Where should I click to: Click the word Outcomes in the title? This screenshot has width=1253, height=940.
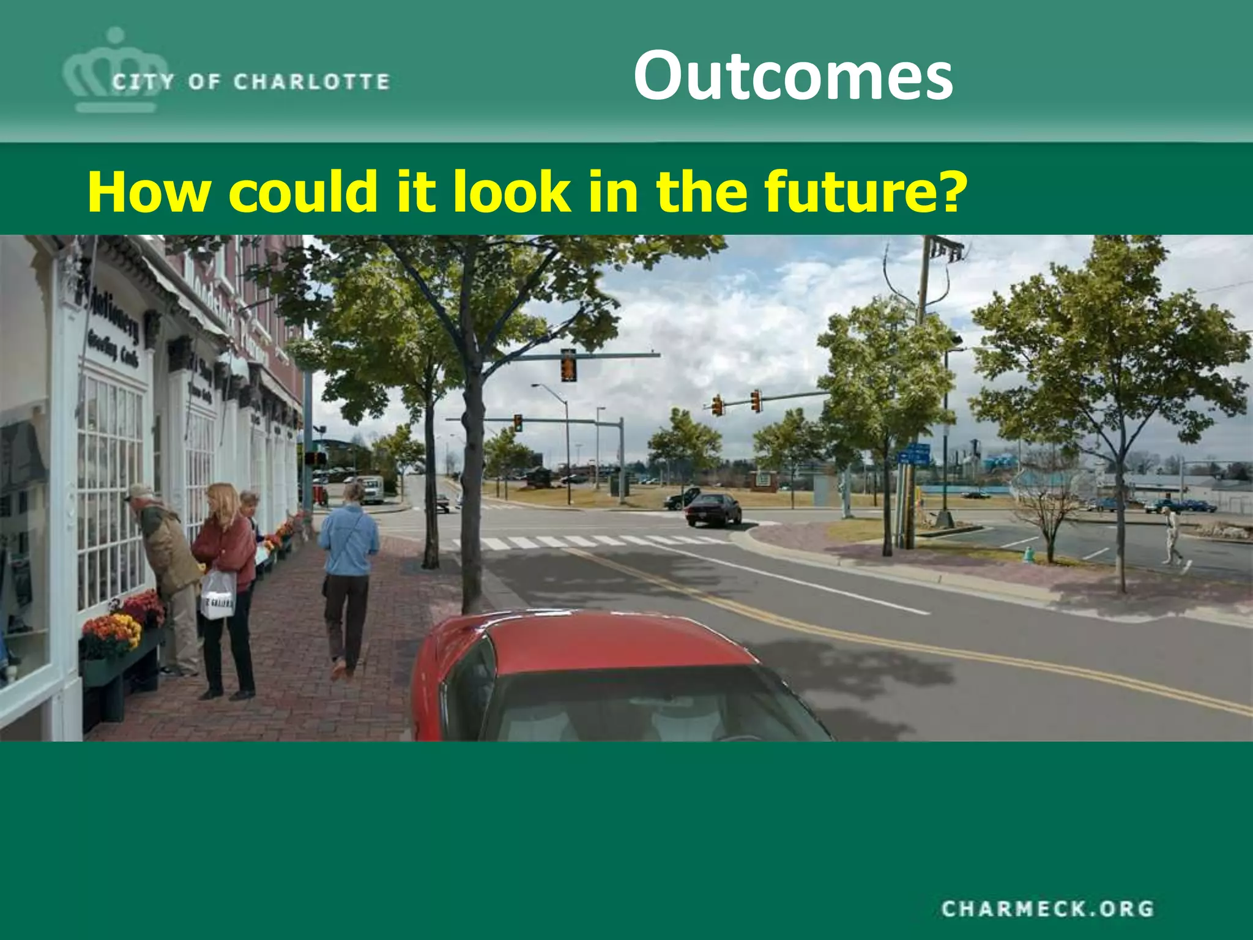[x=793, y=76]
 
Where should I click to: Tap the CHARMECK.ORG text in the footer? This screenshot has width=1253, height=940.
[x=1047, y=908]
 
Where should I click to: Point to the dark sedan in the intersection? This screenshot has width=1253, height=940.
[x=713, y=509]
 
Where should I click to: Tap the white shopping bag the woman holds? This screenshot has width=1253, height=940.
[x=218, y=596]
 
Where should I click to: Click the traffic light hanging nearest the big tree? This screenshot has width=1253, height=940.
[x=568, y=365]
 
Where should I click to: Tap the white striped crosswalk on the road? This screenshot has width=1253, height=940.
[x=587, y=542]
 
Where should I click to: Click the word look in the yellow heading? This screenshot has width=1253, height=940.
[x=511, y=192]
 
